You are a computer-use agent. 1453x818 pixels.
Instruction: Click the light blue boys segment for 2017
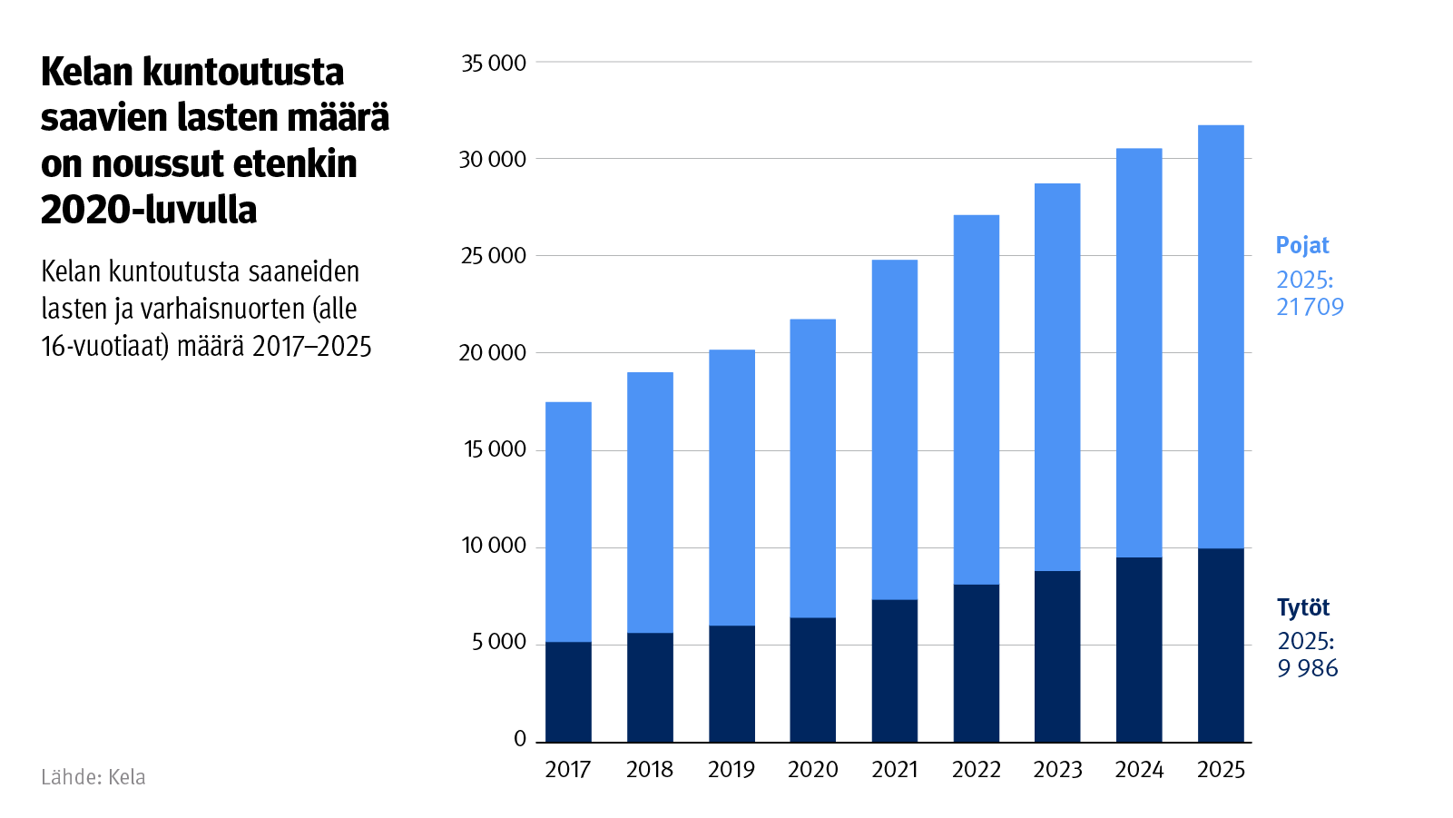pos(568,522)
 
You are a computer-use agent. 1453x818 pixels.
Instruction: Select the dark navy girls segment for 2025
pos(1221,645)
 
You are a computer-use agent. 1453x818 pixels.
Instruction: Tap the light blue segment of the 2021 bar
pos(895,429)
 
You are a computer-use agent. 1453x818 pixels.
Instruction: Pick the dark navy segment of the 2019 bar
pos(731,684)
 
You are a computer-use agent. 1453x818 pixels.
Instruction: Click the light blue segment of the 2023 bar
pos(1057,377)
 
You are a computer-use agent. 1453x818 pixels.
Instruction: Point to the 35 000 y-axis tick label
pos(494,64)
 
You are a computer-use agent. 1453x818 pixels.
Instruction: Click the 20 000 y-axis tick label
pos(493,353)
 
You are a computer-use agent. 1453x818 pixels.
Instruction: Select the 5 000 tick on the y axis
pos(499,643)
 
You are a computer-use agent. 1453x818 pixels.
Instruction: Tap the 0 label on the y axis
pos(520,739)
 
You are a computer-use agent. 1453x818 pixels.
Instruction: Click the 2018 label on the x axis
pos(650,770)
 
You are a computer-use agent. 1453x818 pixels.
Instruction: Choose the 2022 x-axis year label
pos(977,770)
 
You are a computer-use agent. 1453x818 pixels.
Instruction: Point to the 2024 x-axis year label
pos(1139,770)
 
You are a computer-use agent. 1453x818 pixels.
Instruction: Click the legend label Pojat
pos(1301,245)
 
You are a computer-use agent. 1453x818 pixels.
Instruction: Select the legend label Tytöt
pos(1303,607)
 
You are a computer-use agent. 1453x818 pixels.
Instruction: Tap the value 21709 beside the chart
pos(1310,307)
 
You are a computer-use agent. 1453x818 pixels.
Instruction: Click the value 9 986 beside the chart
pos(1308,668)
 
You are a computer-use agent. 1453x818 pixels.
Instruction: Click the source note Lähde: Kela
pos(93,777)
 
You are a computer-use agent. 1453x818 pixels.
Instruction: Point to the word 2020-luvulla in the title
pos(149,210)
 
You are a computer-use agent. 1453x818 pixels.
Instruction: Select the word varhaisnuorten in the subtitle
pos(223,309)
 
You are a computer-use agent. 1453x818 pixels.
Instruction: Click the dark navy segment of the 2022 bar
pos(977,663)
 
